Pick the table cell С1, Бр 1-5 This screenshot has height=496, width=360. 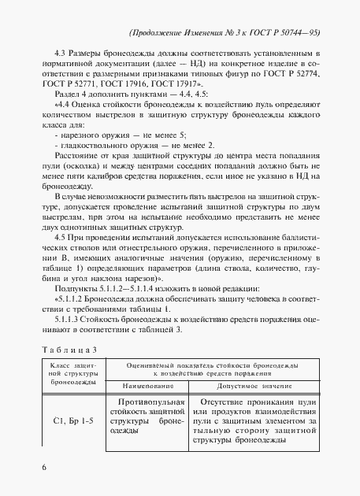coord(69,420)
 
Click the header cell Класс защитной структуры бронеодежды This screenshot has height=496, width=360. coord(69,374)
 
